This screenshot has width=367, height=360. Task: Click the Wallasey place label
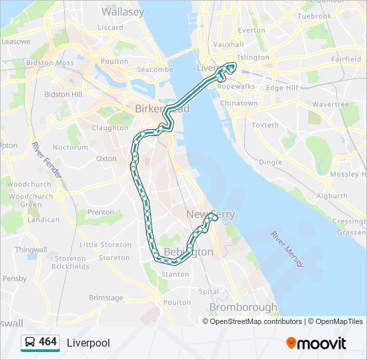pyautogui.click(x=123, y=12)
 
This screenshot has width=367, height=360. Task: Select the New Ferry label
pyautogui.click(x=210, y=214)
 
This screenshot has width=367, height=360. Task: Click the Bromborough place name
pyautogui.click(x=243, y=307)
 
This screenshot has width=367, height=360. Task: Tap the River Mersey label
pyautogui.click(x=288, y=249)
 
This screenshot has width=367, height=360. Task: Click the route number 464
pyautogui.click(x=48, y=342)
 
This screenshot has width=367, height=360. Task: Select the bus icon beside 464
pyautogui.click(x=30, y=343)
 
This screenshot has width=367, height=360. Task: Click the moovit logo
pyautogui.click(x=316, y=343)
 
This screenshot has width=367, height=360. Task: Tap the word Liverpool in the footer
pyautogui.click(x=88, y=343)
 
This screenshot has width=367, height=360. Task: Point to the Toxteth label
pyautogui.click(x=266, y=125)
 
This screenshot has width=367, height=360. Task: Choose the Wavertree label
pyautogui.click(x=330, y=105)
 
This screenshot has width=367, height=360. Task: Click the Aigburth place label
pyautogui.click(x=332, y=196)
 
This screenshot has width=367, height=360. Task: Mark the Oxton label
pyautogui.click(x=106, y=159)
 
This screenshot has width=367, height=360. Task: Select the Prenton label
pyautogui.click(x=101, y=212)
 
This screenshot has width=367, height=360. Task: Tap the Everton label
pyautogui.click(x=251, y=30)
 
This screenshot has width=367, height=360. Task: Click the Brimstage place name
pyautogui.click(x=106, y=298)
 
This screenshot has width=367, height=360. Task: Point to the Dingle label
pyautogui.click(x=270, y=162)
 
